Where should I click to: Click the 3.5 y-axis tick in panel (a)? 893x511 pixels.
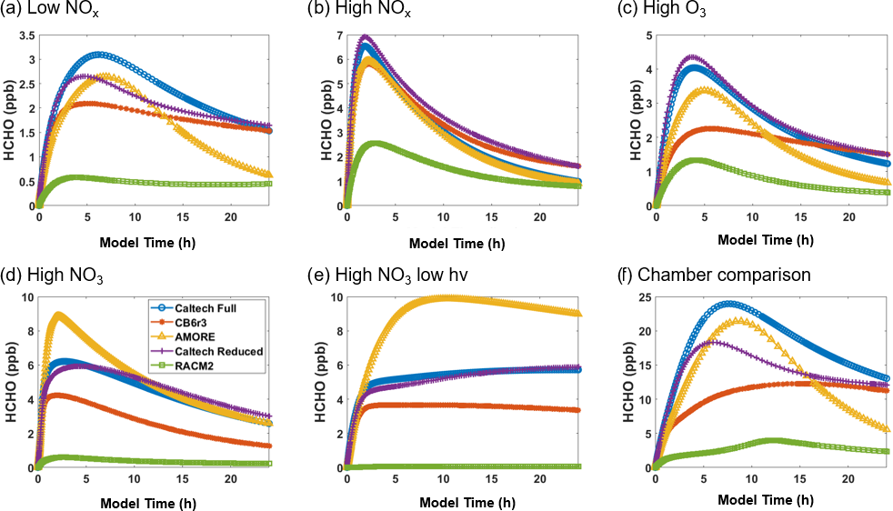[x=25, y=35]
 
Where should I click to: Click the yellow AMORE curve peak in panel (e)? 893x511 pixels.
[x=446, y=297]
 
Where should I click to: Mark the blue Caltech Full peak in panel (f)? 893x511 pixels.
[x=730, y=304]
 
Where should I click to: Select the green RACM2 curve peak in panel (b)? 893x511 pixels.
[x=373, y=143]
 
